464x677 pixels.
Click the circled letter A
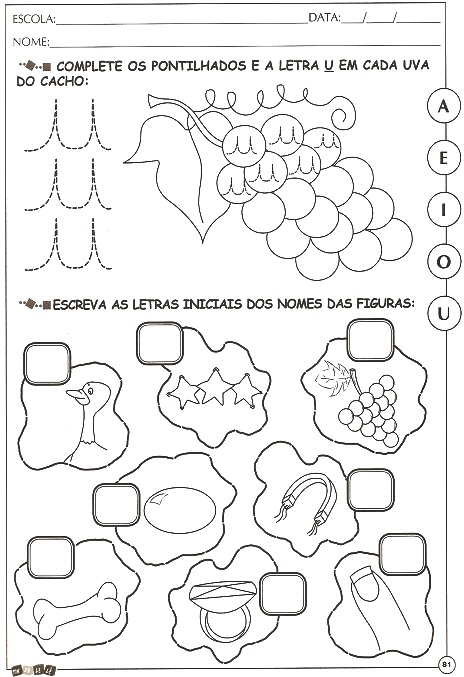pyautogui.click(x=443, y=106)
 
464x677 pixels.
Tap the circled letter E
pyautogui.click(x=443, y=158)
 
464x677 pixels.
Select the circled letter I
pyautogui.click(x=443, y=210)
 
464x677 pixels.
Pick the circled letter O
pyautogui.click(x=443, y=262)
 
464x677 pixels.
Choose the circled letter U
pyautogui.click(x=443, y=313)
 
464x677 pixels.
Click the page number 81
pyautogui.click(x=447, y=664)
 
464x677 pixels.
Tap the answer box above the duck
pyautogui.click(x=47, y=364)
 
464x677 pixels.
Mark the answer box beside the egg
pyautogui.click(x=117, y=505)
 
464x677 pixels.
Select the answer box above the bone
pyautogui.click(x=51, y=557)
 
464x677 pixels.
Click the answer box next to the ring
pyautogui.click(x=283, y=594)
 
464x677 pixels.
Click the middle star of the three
pyautogui.click(x=215, y=386)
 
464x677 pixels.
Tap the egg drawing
pyautogui.click(x=180, y=509)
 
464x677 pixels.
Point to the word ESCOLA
pyautogui.click(x=34, y=19)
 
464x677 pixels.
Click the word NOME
pyautogui.click(x=31, y=42)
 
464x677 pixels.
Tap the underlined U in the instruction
pyautogui.click(x=328, y=66)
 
